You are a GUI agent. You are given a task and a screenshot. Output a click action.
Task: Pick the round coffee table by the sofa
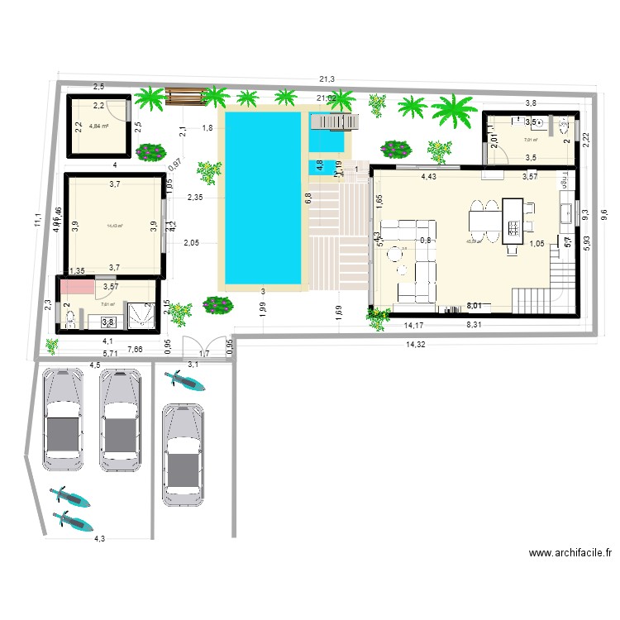[403, 269]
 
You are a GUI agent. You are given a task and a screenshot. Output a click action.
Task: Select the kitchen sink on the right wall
[566, 213]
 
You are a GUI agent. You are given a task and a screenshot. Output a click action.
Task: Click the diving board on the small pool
[334, 123]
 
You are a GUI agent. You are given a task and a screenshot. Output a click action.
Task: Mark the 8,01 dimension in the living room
[476, 305]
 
